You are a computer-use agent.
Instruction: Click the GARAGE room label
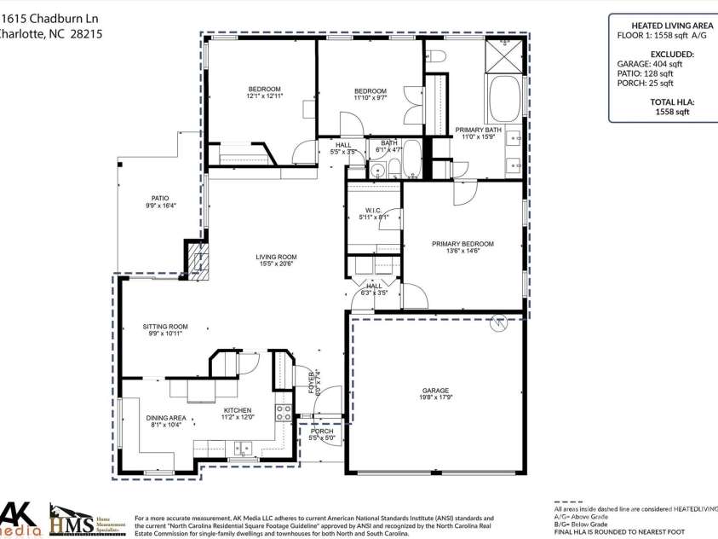[434, 391]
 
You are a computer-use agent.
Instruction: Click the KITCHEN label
[238, 410]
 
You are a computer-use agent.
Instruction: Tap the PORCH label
[322, 432]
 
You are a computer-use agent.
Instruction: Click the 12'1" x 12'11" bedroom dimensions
[264, 96]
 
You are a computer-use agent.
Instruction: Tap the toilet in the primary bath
[436, 57]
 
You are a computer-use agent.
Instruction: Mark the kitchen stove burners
[282, 414]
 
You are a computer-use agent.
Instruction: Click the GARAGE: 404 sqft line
[649, 64]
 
